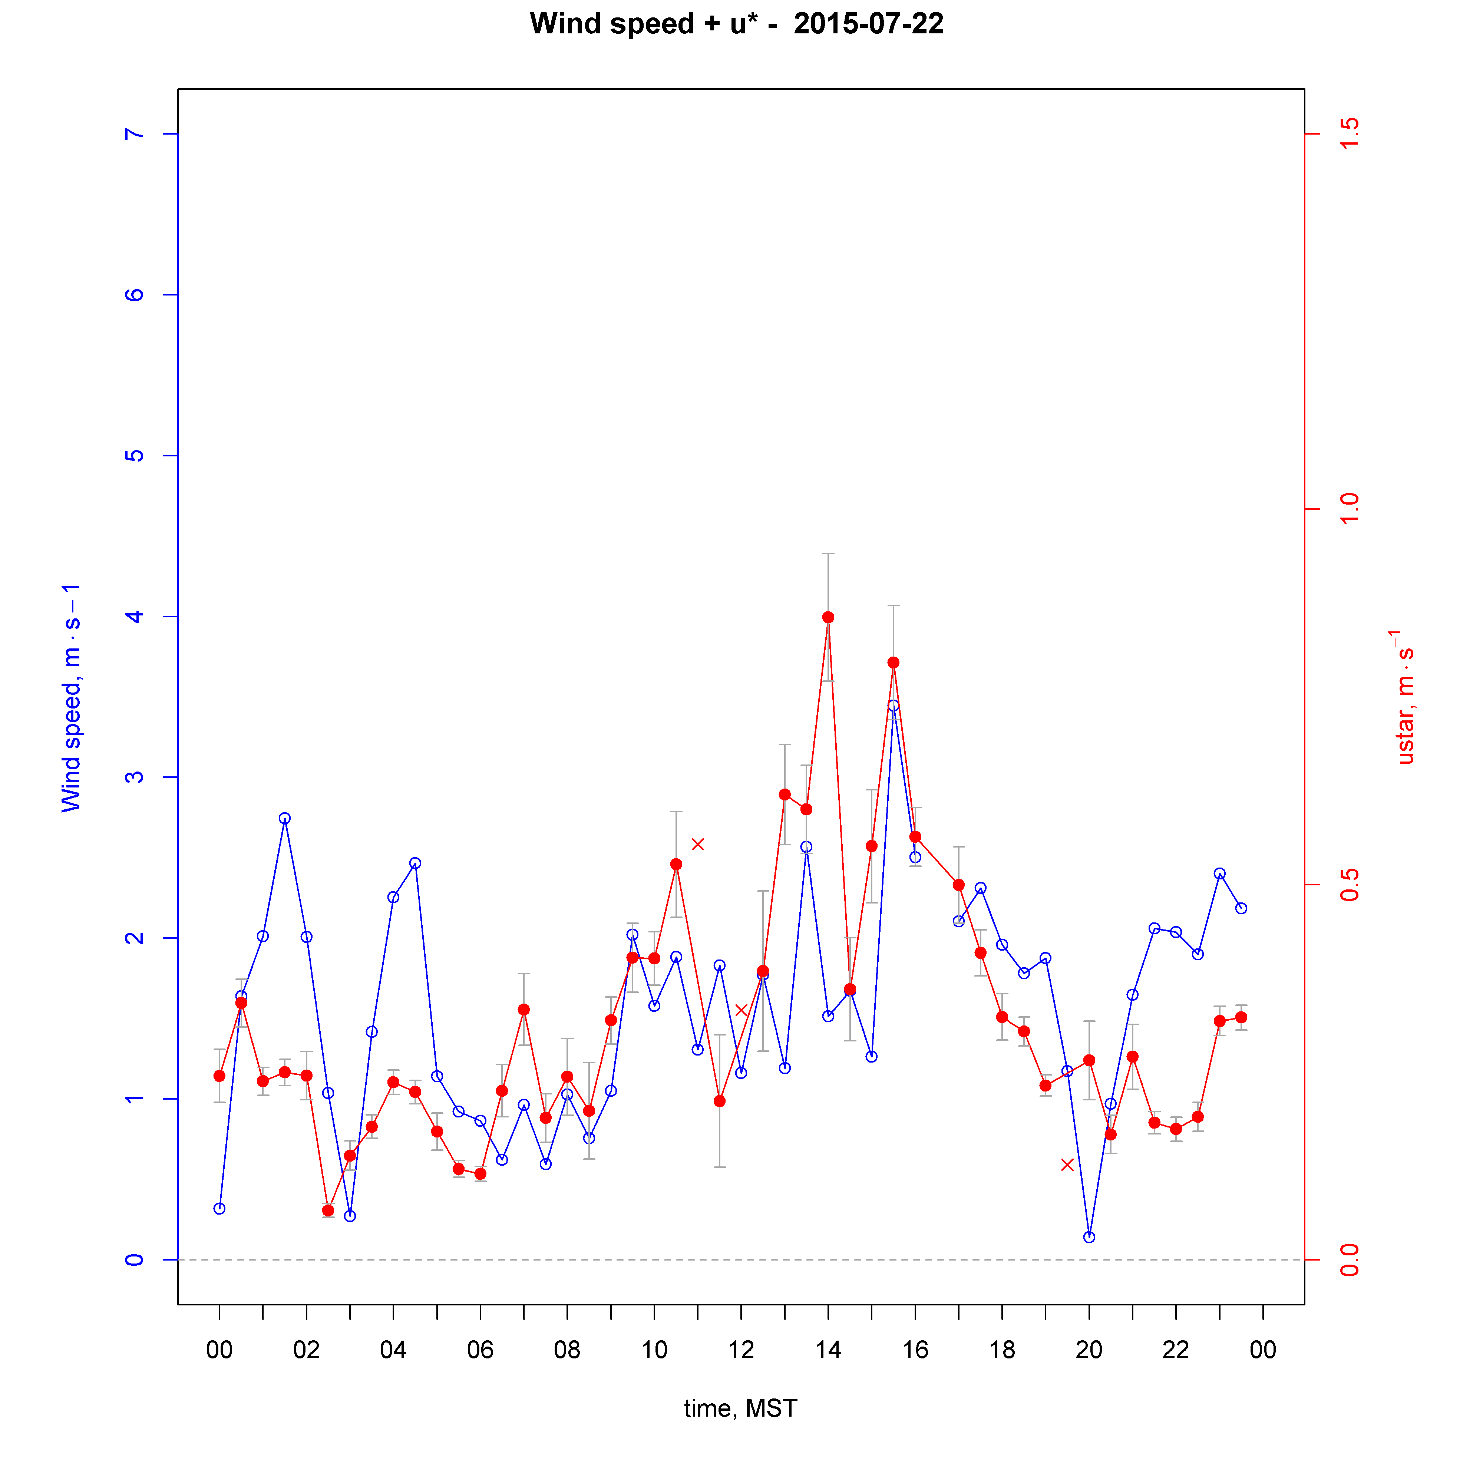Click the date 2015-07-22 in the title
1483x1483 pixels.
point(868,24)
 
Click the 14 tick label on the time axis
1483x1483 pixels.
point(828,1350)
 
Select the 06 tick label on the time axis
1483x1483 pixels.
point(480,1350)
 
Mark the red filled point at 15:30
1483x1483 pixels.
point(894,663)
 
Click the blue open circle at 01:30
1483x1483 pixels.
point(285,818)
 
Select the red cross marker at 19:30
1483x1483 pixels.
point(1067,1165)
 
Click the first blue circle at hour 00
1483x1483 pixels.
point(219,1208)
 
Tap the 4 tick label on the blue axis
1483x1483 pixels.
point(134,617)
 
